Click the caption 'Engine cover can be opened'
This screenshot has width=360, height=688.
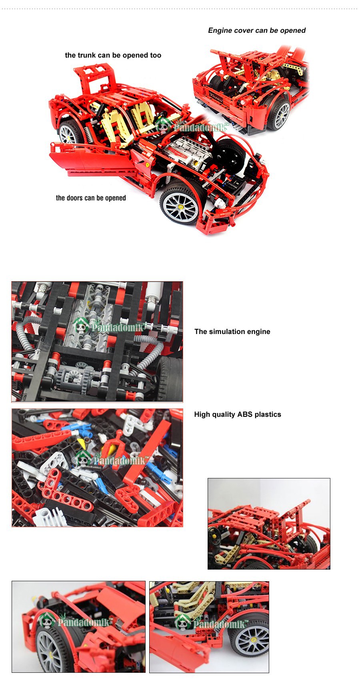(x=256, y=30)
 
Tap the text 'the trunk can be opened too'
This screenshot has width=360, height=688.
(x=113, y=55)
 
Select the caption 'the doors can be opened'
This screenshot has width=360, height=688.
(x=91, y=198)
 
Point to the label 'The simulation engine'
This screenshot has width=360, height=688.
(x=232, y=332)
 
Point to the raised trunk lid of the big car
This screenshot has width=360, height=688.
(x=95, y=80)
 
